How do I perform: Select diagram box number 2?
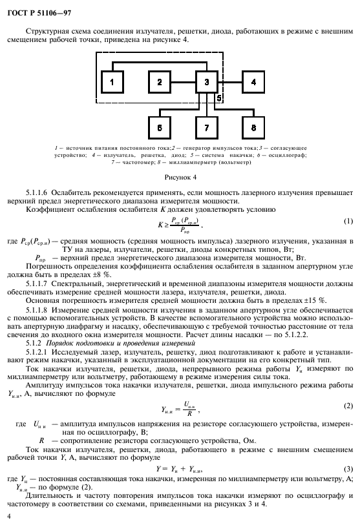[x=159, y=82]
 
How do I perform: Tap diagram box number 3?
[x=206, y=82]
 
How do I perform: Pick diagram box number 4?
[x=253, y=82]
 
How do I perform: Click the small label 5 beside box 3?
[x=219, y=98]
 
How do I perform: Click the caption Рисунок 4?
[x=180, y=176]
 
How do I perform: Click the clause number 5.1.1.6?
[x=38, y=192]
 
